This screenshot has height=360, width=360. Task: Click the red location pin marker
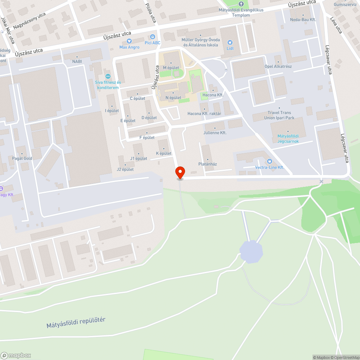click(180, 172)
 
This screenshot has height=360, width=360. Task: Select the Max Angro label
click(129, 47)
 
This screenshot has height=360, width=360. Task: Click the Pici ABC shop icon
click(153, 37)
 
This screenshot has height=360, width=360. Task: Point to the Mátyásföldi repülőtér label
click(76, 323)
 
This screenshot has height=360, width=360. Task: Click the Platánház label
click(208, 164)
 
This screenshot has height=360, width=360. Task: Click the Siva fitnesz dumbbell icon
click(107, 76)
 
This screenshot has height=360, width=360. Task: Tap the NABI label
click(77, 62)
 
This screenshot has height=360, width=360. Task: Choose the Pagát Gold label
click(22, 158)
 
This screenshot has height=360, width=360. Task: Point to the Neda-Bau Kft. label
click(303, 19)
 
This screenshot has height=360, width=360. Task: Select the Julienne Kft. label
click(215, 133)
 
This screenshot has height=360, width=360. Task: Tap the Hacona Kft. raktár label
click(204, 113)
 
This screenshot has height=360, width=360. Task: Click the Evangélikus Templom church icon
click(241, 4)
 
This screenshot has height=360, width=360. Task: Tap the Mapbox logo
click(16, 355)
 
